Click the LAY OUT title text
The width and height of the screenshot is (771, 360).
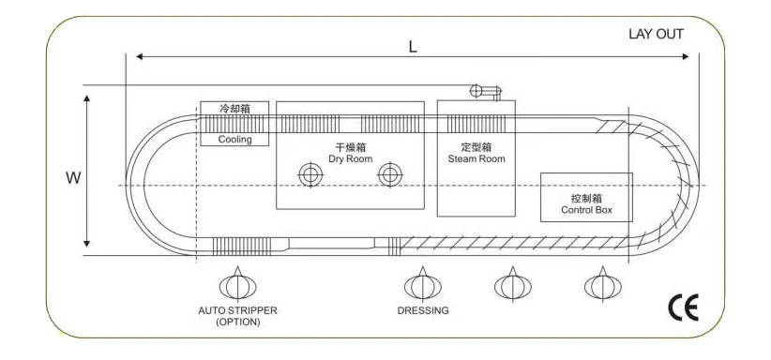tap(656, 35)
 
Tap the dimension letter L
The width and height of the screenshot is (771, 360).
tap(413, 46)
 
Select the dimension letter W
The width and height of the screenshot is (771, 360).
tap(71, 176)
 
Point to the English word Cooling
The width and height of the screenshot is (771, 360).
tap(234, 140)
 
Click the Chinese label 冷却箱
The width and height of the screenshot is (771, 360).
tap(234, 109)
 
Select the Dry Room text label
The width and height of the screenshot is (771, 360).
tap(350, 158)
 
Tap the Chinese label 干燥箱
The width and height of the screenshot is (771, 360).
tap(350, 147)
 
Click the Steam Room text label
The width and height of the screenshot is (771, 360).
tap(476, 158)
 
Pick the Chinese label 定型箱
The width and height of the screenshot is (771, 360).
tap(476, 147)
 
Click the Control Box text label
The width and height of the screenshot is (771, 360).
tap(586, 210)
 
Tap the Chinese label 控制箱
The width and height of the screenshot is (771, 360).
tap(586, 199)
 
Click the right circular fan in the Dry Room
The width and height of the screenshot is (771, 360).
tap(389, 174)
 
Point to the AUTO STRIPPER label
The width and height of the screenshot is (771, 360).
tap(237, 310)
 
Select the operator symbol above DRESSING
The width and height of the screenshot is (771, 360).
tap(421, 284)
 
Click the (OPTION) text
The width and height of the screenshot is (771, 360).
tap(237, 322)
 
